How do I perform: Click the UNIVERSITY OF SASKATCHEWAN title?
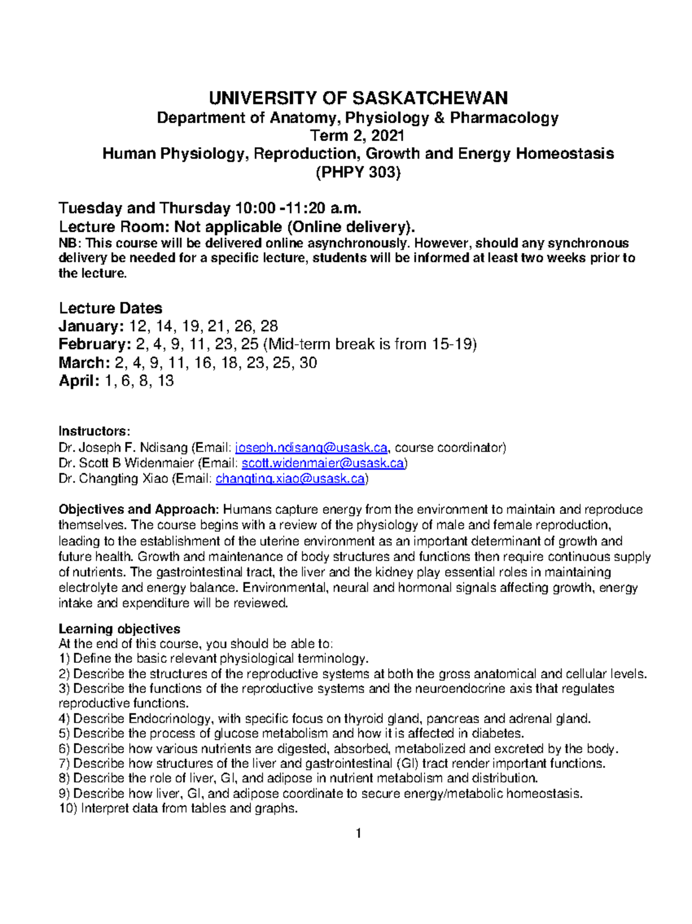[358, 98]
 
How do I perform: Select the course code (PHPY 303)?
[358, 172]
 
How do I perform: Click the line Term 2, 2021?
[358, 136]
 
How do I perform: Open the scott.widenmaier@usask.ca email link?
[323, 463]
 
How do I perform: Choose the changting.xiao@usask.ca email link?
[290, 479]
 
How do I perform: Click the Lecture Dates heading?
[110, 308]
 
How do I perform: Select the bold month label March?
[84, 363]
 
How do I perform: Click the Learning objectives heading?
[119, 629]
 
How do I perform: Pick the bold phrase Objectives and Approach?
[138, 510]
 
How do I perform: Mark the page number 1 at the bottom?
[358, 833]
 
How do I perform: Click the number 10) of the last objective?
[68, 809]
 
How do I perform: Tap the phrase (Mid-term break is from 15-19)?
[370, 345]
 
